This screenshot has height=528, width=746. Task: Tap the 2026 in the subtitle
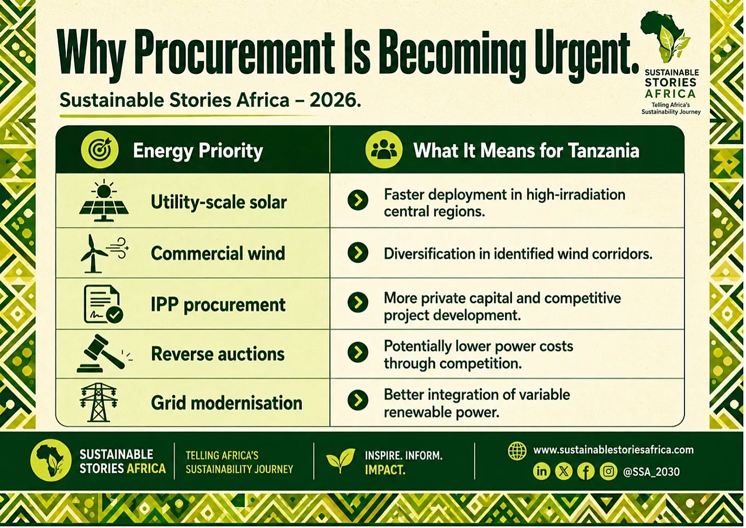coord(335,100)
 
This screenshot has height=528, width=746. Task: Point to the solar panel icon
coord(104,200)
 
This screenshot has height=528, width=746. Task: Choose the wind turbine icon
coord(104,254)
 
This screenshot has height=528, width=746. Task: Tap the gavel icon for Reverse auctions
coord(104,353)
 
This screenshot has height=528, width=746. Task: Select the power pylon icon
coord(99,402)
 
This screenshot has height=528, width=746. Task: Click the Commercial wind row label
coord(218,253)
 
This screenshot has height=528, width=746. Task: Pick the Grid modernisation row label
coord(226,403)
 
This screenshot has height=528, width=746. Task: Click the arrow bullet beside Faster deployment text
coord(358,200)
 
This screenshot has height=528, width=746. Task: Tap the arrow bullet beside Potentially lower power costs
coord(358,352)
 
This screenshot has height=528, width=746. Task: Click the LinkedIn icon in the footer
coord(542,471)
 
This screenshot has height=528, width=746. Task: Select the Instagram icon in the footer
coord(609,471)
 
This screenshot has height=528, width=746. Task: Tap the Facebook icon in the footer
coord(586,471)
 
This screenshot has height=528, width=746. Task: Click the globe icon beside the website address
coord(517,450)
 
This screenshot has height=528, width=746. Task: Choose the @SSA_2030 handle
coord(651,472)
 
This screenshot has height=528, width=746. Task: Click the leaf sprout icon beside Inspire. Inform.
coord(340,461)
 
